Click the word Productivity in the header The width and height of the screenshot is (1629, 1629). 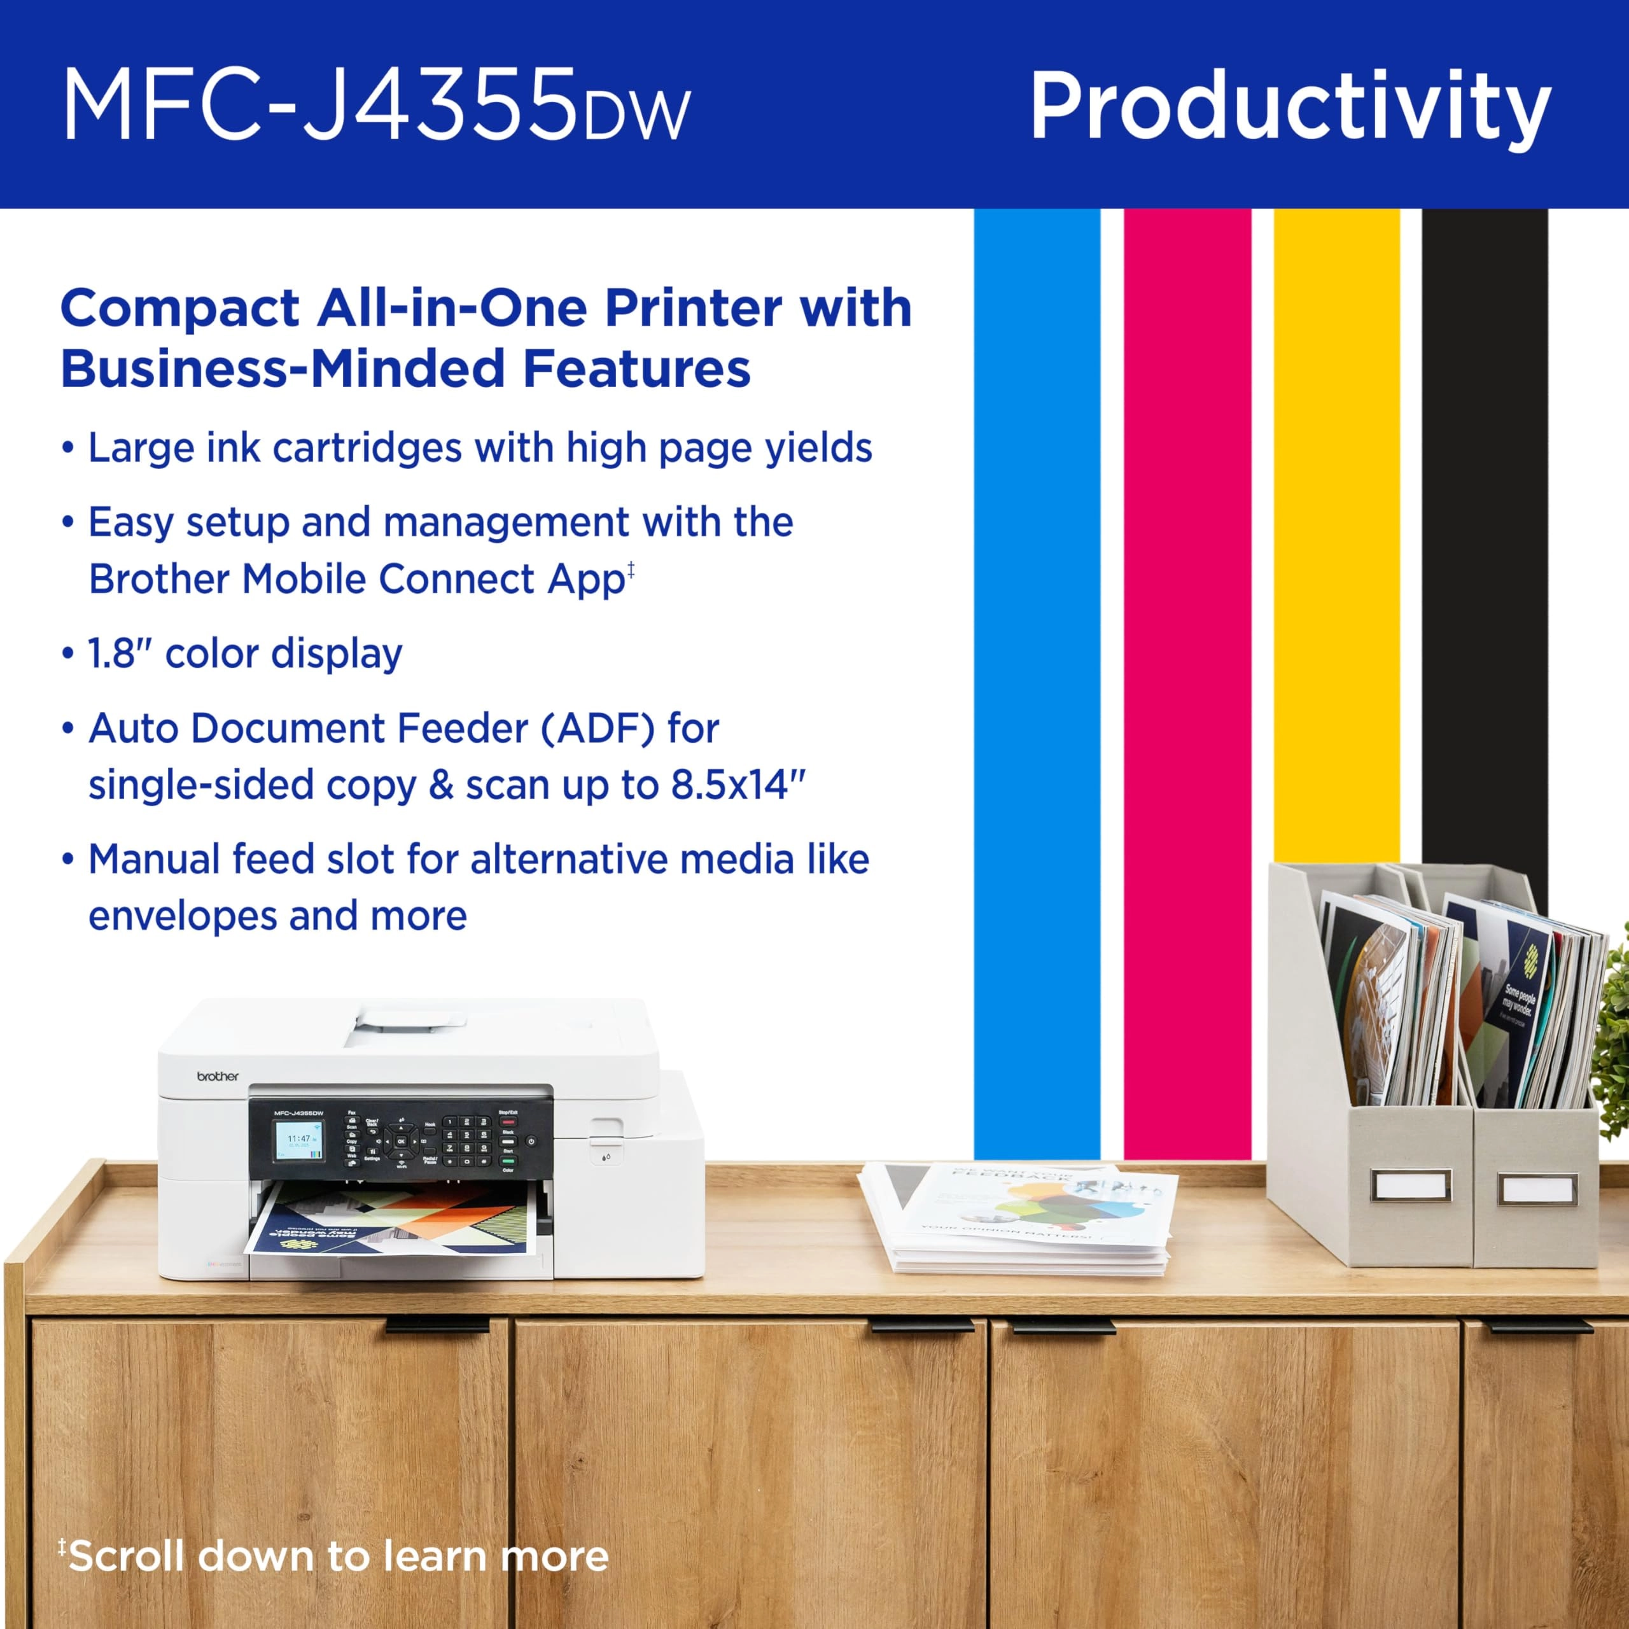[1289, 107]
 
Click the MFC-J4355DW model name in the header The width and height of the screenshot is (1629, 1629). [376, 107]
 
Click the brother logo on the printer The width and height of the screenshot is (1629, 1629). [218, 1077]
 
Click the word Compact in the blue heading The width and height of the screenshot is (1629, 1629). [179, 309]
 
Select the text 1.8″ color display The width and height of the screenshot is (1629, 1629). [244, 654]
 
